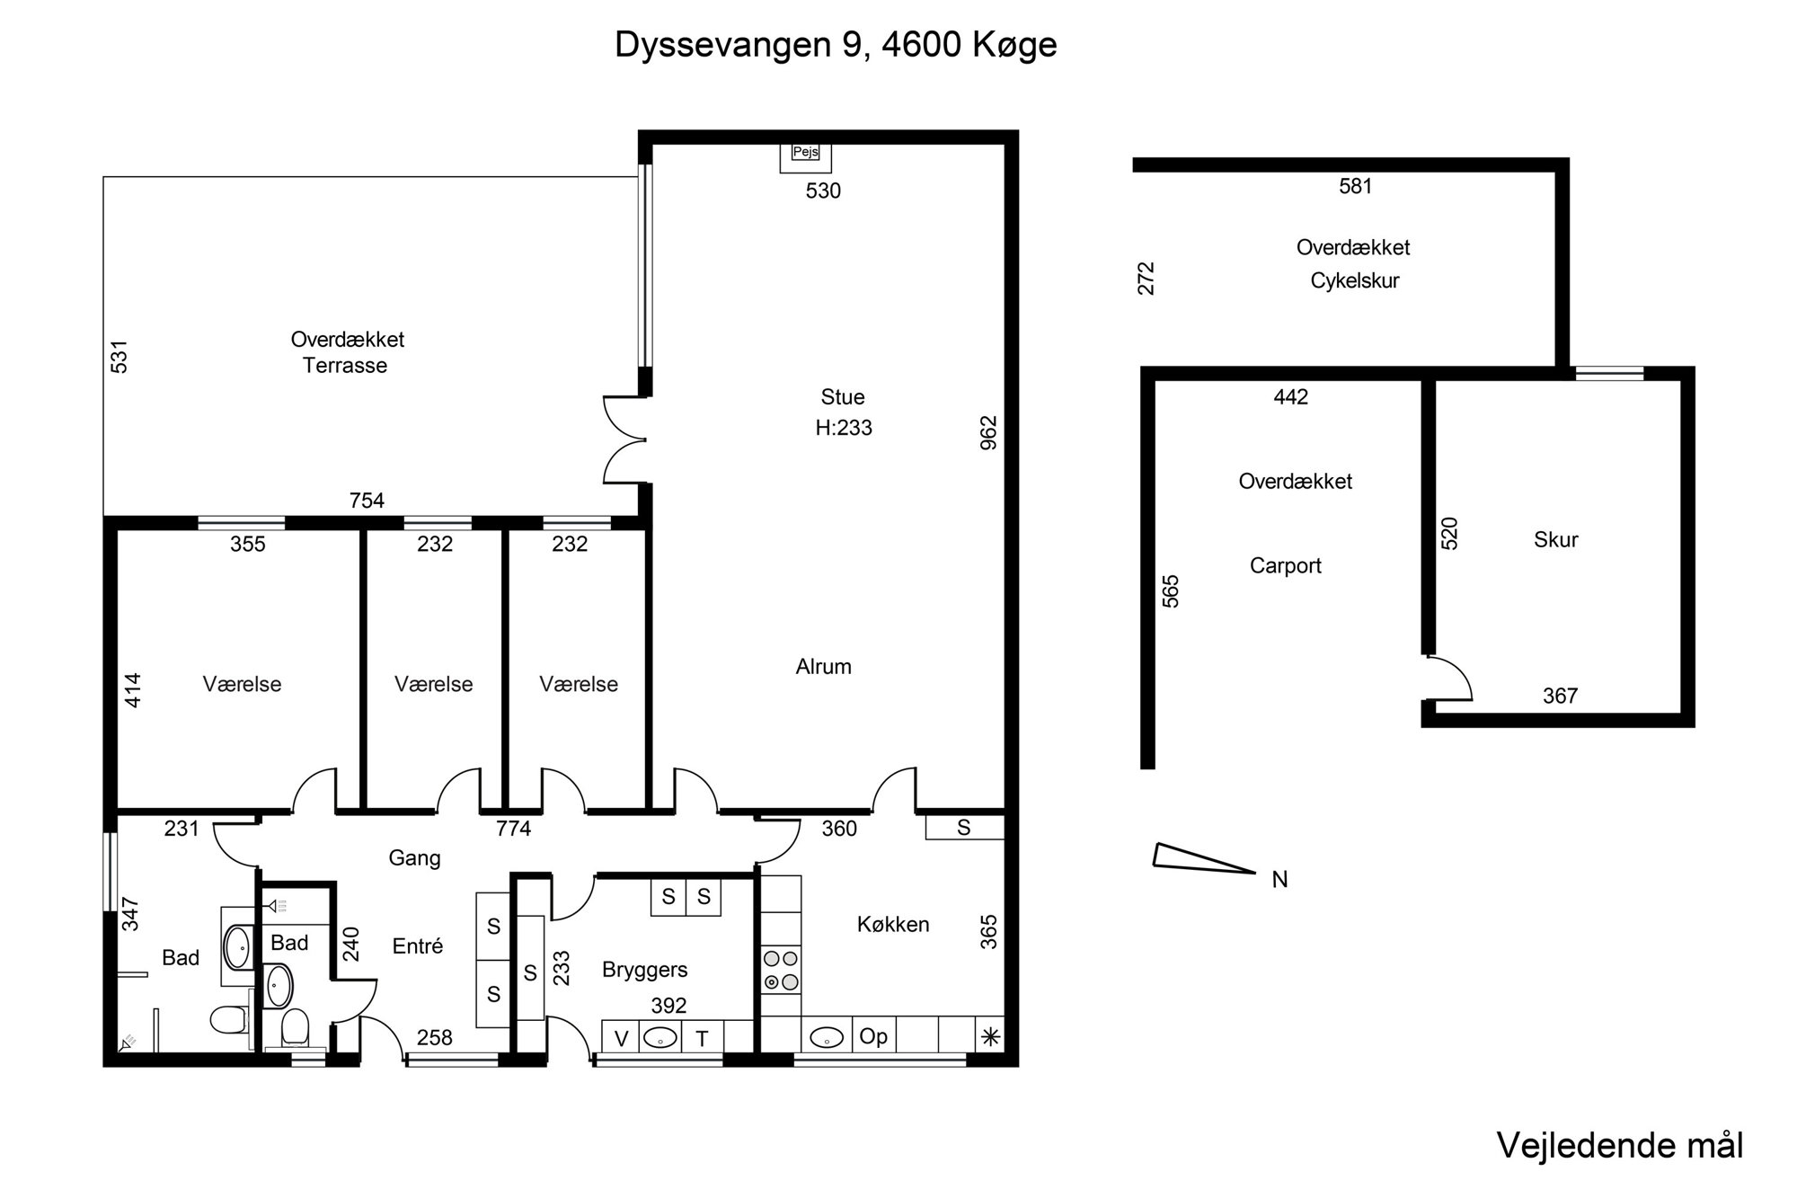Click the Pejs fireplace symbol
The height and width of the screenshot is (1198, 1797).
click(805, 157)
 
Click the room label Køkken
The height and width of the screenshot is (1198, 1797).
click(893, 924)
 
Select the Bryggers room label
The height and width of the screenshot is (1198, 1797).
click(645, 971)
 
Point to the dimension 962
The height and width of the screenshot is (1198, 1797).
click(988, 432)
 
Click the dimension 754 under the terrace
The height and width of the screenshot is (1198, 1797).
click(367, 501)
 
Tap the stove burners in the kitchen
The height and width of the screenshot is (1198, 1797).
click(781, 970)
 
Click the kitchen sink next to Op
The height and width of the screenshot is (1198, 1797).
click(826, 1037)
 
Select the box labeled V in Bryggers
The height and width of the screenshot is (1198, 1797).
click(621, 1038)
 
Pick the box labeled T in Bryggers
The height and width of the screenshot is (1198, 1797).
click(703, 1038)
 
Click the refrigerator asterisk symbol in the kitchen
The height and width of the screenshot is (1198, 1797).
click(990, 1037)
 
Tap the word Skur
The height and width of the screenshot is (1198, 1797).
click(1556, 539)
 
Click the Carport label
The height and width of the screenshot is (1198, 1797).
click(1286, 566)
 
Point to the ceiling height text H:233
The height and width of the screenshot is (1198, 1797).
click(844, 428)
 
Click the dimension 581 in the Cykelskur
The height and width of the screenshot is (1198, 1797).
click(1356, 186)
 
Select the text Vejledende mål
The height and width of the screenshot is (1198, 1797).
click(1620, 1146)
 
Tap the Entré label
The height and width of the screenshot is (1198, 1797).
click(418, 945)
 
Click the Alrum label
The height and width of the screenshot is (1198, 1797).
click(824, 667)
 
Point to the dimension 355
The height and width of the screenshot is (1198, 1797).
click(248, 544)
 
